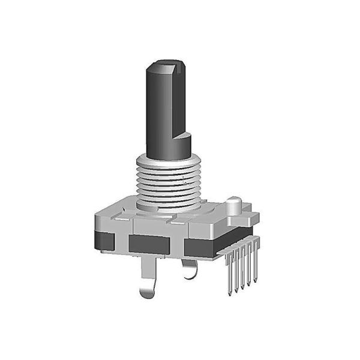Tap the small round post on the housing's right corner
coord(235,206)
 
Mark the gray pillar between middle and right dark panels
coord(177,245)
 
